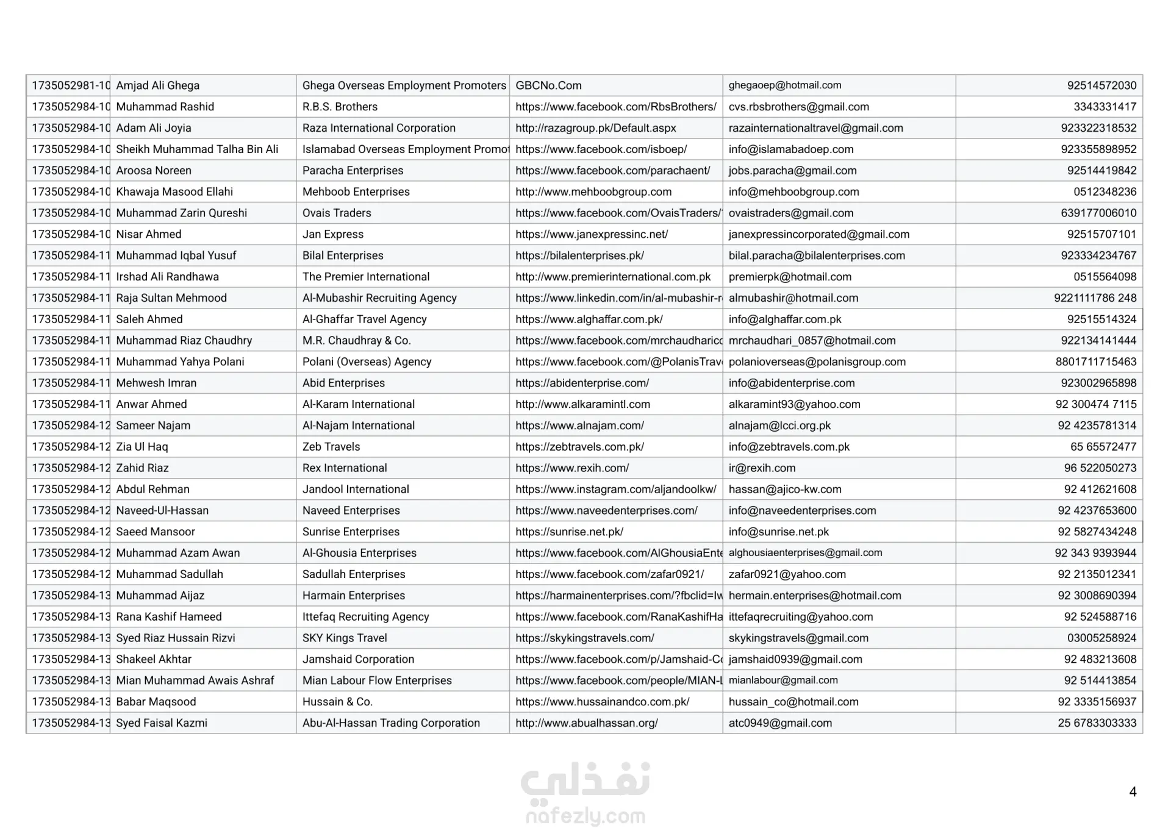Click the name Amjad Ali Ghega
(157, 85)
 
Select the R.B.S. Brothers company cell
(340, 107)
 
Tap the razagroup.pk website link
(595, 128)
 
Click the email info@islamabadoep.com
(790, 149)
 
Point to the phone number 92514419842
(1101, 171)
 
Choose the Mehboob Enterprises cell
(356, 191)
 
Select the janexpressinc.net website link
(591, 234)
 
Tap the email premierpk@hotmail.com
(790, 277)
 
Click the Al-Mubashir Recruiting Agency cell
(379, 298)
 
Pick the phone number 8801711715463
(1095, 362)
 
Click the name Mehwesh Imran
(156, 383)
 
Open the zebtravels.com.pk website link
(579, 447)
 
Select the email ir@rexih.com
(762, 468)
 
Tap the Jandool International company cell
(356, 489)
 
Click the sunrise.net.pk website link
(569, 532)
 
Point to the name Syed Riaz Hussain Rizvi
(175, 638)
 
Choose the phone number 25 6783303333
(1097, 723)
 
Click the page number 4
(1133, 792)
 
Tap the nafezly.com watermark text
(585, 816)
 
